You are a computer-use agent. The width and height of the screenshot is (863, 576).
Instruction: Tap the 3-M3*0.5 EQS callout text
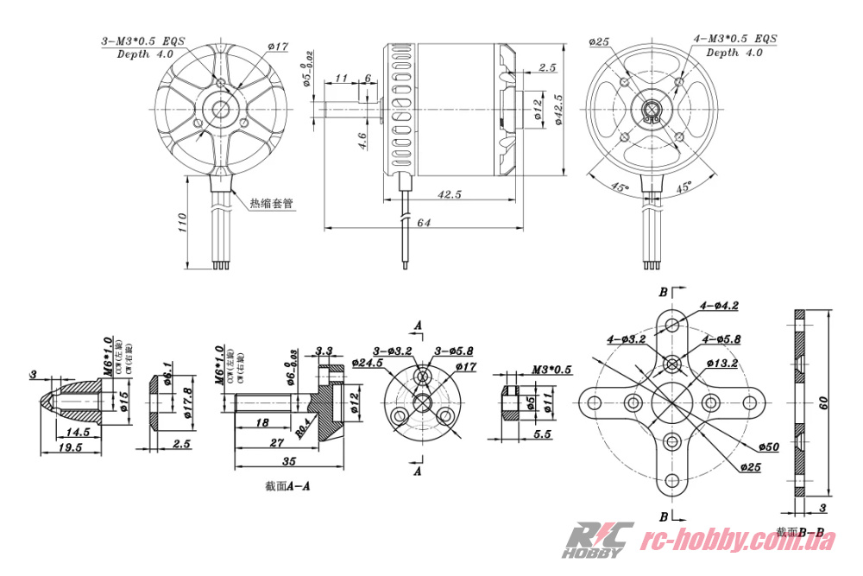144,41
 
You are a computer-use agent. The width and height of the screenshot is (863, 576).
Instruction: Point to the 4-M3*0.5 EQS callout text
735,39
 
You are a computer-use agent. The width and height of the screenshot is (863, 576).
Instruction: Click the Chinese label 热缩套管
271,204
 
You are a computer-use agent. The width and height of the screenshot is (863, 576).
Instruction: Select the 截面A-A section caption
287,486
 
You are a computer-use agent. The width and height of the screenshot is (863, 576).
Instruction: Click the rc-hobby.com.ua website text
741,541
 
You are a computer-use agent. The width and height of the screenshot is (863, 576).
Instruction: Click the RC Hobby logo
597,540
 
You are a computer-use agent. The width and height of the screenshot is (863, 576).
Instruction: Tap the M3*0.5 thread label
551,370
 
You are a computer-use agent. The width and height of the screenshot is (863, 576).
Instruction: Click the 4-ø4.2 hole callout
719,306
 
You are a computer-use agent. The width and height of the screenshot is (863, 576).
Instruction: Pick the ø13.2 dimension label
722,363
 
